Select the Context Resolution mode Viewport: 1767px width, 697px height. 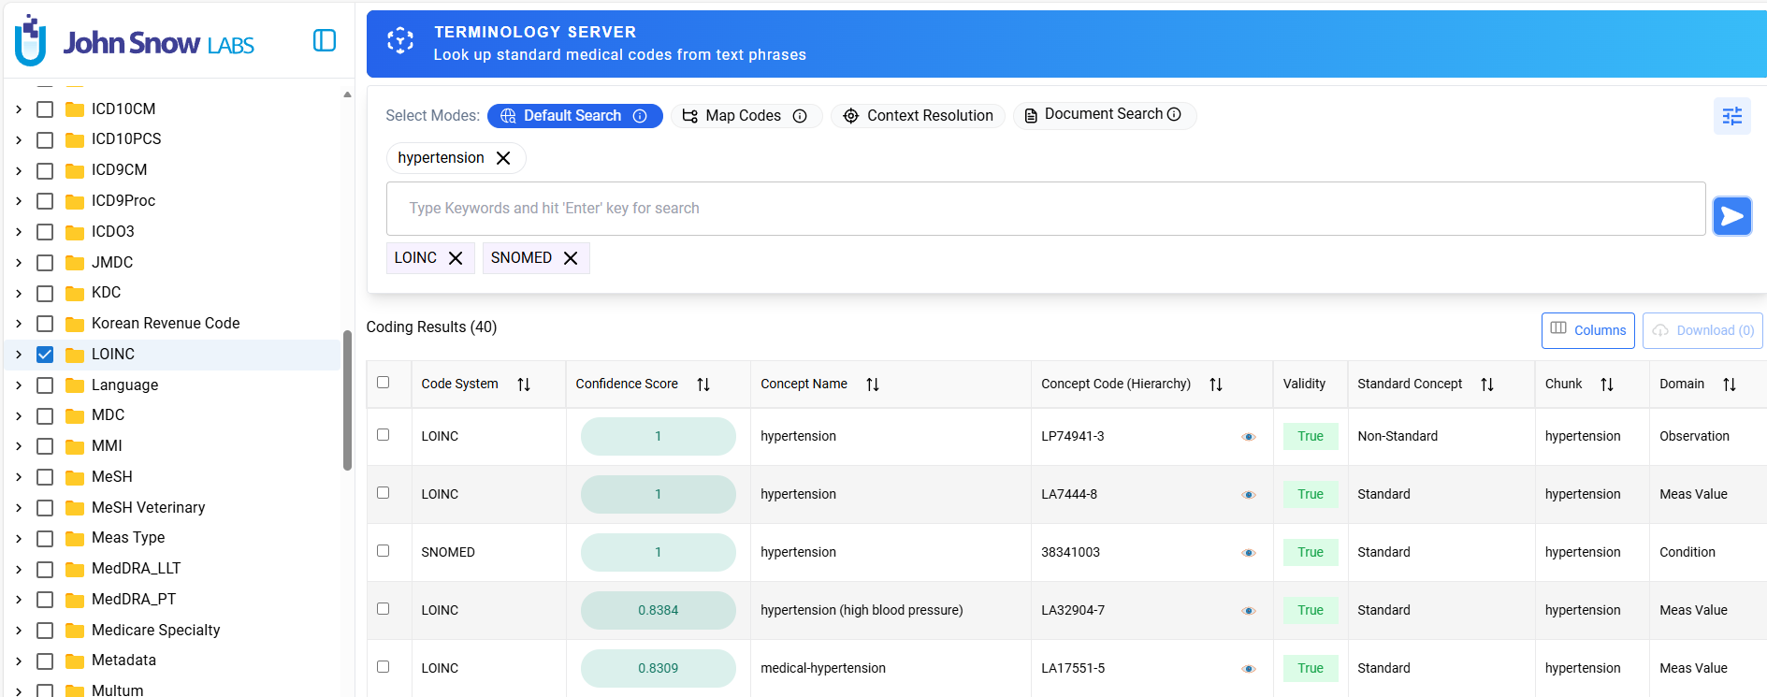[x=918, y=116]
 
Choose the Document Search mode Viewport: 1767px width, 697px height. [x=1104, y=114]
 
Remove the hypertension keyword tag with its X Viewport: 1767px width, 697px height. [x=503, y=158]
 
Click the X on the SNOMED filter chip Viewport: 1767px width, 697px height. [x=571, y=258]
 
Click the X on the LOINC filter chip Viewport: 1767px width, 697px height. [x=456, y=258]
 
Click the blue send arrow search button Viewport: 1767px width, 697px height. [x=1731, y=216]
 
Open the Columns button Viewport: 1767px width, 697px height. [x=1587, y=330]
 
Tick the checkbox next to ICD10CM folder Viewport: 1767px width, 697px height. [x=45, y=109]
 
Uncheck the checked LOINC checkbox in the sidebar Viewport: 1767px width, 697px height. [x=45, y=355]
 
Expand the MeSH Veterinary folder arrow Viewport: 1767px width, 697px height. [x=19, y=508]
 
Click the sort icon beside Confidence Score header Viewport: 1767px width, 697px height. [x=703, y=385]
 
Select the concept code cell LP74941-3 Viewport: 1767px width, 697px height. [x=1073, y=437]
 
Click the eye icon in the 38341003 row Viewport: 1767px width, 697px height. [x=1248, y=553]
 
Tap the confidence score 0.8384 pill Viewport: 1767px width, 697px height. [x=658, y=610]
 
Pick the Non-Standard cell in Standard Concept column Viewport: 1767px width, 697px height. [x=1398, y=437]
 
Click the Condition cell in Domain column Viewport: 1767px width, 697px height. [x=1687, y=553]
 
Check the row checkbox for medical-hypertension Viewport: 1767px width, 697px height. [x=383, y=667]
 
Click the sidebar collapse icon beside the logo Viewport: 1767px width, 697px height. [x=325, y=40]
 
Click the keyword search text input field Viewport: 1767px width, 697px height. [x=1045, y=209]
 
